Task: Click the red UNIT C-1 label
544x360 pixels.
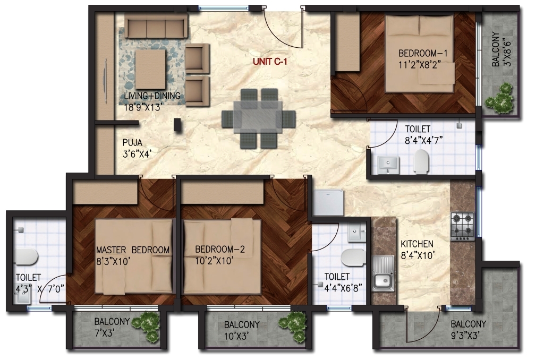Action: [270, 62]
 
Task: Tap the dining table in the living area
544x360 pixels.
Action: [258, 117]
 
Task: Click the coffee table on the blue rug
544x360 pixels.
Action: [150, 70]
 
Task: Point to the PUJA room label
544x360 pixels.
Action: [132, 142]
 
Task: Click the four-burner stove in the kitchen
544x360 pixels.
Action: [463, 226]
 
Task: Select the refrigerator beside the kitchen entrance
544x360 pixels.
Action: [328, 202]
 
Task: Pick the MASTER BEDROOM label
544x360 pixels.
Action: [133, 250]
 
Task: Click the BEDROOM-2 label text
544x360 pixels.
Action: [220, 249]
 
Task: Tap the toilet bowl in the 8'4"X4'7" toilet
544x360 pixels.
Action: [421, 161]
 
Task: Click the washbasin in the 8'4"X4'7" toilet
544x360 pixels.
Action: [388, 165]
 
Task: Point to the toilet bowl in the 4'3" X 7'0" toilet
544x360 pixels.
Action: [25, 256]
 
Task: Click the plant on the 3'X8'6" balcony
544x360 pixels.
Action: [499, 98]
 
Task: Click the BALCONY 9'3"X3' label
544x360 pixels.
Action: [468, 330]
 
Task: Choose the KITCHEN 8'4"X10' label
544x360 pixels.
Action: [417, 250]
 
